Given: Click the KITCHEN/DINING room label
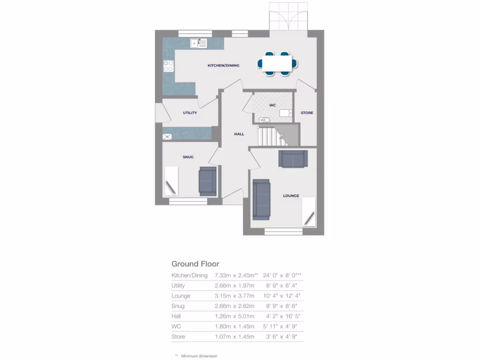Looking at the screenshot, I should [x=223, y=66].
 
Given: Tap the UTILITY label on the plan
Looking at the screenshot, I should [x=190, y=113].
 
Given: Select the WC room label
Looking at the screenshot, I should [x=272, y=105].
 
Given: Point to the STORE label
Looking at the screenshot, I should [x=307, y=113].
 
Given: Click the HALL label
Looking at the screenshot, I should [x=239, y=134].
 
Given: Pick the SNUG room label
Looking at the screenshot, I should [x=188, y=157].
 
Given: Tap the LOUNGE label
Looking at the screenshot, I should [x=291, y=196].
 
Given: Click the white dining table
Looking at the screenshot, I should [x=277, y=63].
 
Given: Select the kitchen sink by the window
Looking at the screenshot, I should [x=199, y=44].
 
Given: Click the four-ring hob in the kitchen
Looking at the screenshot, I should [x=168, y=66].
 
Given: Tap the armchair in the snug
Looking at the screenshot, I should [x=207, y=181].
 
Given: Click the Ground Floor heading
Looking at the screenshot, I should [x=195, y=264].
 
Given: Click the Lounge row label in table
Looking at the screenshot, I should [x=181, y=296].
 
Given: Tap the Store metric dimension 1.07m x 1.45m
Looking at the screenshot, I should [x=234, y=337].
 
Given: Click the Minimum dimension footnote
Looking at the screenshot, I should [x=199, y=356].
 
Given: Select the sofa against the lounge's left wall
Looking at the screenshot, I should [x=261, y=199].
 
